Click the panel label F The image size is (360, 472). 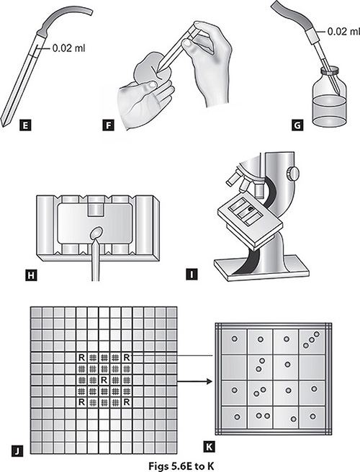pyautogui.click(x=108, y=125)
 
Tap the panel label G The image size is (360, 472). pyautogui.click(x=297, y=125)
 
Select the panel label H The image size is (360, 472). pyautogui.click(x=31, y=275)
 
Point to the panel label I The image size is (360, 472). pyautogui.click(x=192, y=275)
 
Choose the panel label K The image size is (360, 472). pyautogui.click(x=210, y=447)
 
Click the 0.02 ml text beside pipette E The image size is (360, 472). pyautogui.click(x=68, y=48)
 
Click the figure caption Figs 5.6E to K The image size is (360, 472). pyautogui.click(x=181, y=466)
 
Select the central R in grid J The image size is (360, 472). pyautogui.click(x=104, y=380)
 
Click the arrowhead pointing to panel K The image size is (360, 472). pyautogui.click(x=210, y=381)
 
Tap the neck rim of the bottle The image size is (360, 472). pyautogui.click(x=330, y=71)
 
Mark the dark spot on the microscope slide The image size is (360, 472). pyautogui.click(x=251, y=208)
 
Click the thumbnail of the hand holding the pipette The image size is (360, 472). pyautogui.click(x=188, y=43)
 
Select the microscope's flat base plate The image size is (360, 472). pyautogui.click(x=261, y=270)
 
